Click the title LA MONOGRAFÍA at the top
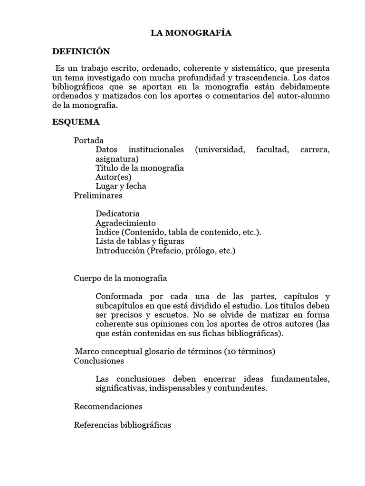pyautogui.click(x=191, y=33)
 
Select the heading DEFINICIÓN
pyautogui.click(x=81, y=51)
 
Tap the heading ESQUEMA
pyautogui.click(x=76, y=122)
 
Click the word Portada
pyautogui.click(x=89, y=140)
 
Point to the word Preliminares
pyautogui.click(x=98, y=195)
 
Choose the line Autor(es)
pyautogui.click(x=113, y=177)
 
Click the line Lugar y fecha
pyautogui.click(x=121, y=186)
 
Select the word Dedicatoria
pyautogui.click(x=117, y=214)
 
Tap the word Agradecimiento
pyautogui.click(x=125, y=223)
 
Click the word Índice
pyautogui.click(x=108, y=232)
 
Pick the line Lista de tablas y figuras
pyautogui.click(x=140, y=241)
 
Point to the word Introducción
pyautogui.click(x=120, y=250)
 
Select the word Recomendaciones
pyautogui.click(x=108, y=406)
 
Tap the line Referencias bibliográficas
pyautogui.click(x=123, y=425)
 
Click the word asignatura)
pyautogui.click(x=117, y=159)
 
